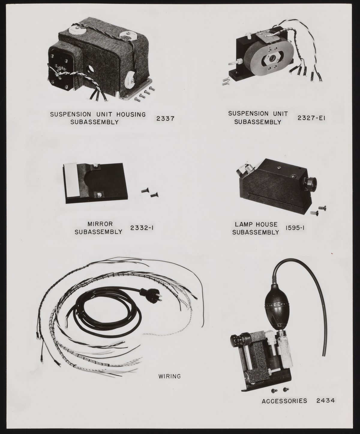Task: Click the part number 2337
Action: click(165, 118)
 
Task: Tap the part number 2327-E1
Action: click(311, 118)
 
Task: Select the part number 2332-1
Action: click(142, 228)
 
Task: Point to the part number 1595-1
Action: click(295, 228)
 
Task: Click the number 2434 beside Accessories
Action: click(325, 400)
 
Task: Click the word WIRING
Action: click(169, 376)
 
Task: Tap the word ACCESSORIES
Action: click(284, 401)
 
